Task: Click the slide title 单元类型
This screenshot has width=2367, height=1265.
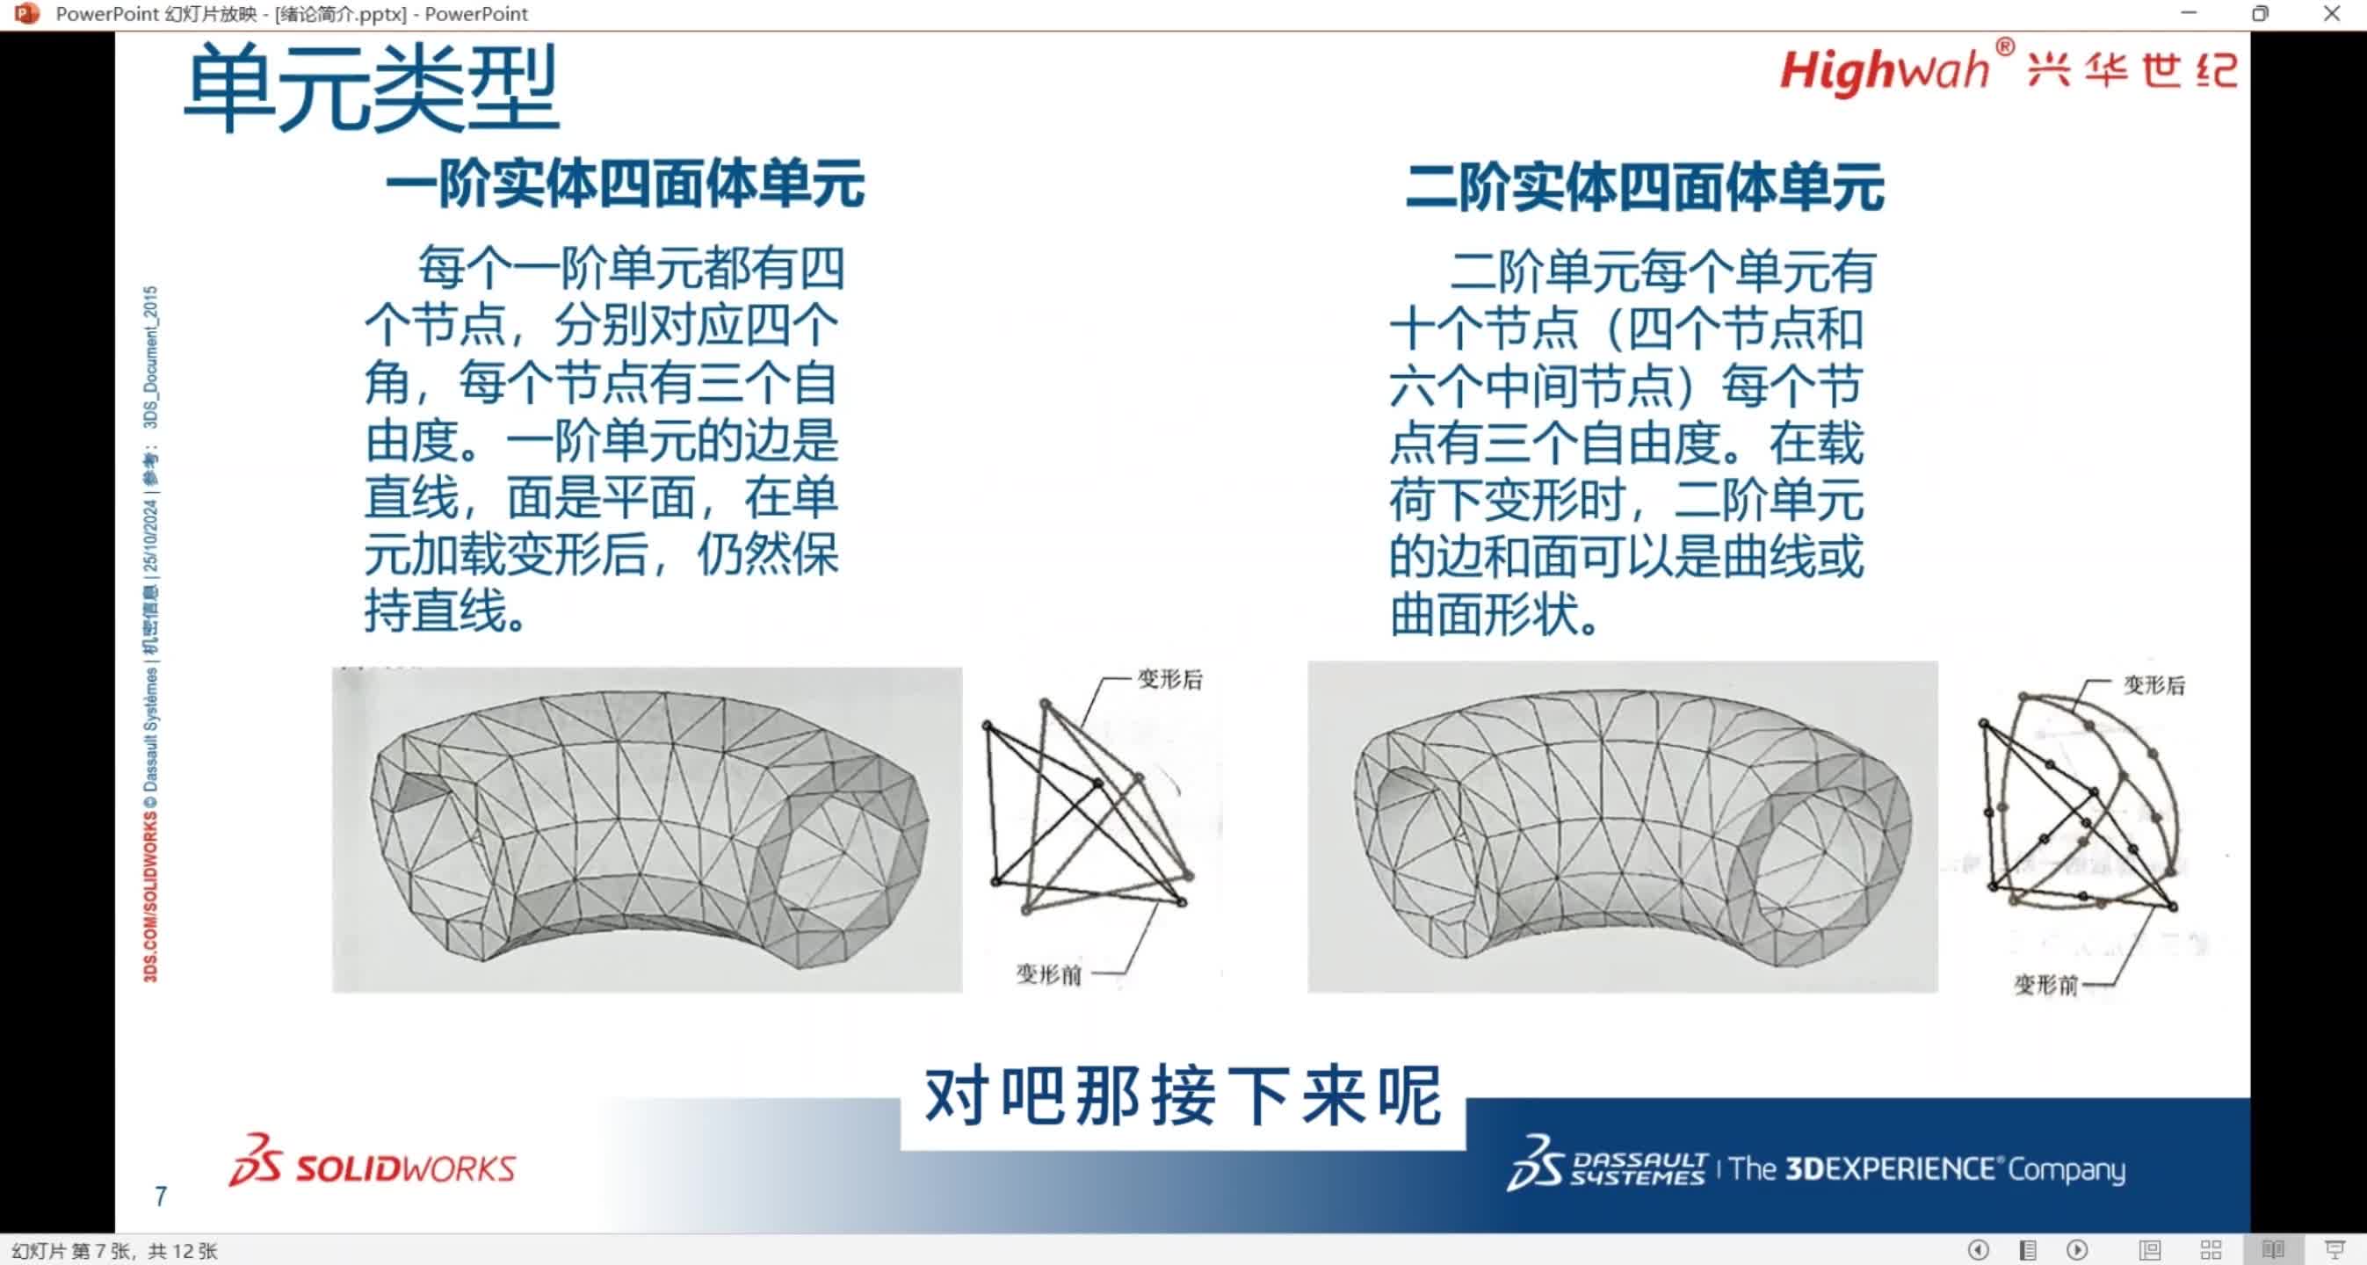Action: click(372, 90)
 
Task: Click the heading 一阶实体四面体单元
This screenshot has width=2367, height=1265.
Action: click(625, 184)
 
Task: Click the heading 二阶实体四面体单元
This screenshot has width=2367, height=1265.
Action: click(1645, 187)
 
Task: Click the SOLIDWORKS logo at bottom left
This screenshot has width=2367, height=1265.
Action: click(373, 1163)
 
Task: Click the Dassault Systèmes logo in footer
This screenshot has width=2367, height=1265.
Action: click(1608, 1165)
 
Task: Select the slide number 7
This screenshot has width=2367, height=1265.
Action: click(161, 1196)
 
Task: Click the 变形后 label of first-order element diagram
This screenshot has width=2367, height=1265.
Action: click(1169, 679)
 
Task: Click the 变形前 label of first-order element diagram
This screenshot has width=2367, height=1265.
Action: click(1047, 973)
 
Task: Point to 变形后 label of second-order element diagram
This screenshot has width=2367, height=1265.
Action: click(2153, 684)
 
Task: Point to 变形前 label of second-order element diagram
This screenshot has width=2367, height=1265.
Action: click(2045, 985)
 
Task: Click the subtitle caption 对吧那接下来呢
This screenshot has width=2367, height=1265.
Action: click(1183, 1097)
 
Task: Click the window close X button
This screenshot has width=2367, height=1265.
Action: click(2331, 14)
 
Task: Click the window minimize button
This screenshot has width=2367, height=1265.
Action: click(2189, 14)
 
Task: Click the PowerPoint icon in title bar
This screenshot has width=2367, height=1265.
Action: click(26, 14)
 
